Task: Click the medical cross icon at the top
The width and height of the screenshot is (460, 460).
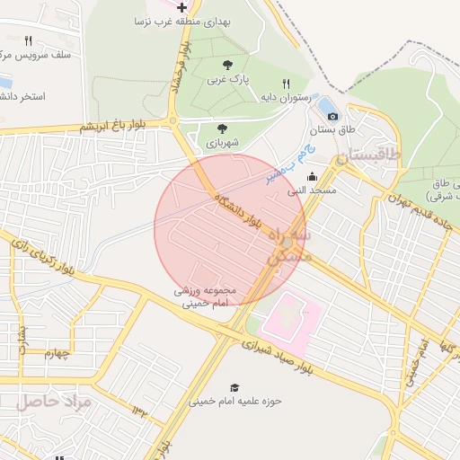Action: [182, 6]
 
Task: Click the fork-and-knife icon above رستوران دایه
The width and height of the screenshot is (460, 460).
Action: [286, 83]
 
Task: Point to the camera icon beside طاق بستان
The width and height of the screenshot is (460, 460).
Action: [332, 116]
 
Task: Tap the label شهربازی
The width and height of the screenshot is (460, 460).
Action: [221, 143]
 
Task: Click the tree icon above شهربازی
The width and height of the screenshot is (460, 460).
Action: [222, 128]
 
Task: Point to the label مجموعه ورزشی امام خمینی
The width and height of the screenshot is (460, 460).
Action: [205, 297]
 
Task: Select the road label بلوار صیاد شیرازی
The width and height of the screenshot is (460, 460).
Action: [280, 349]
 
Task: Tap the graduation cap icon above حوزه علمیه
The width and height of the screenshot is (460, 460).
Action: [234, 386]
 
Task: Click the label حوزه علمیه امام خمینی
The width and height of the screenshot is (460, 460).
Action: [234, 402]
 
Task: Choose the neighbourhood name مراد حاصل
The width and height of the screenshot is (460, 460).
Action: [54, 401]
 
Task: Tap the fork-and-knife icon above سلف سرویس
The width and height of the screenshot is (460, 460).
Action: [28, 40]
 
